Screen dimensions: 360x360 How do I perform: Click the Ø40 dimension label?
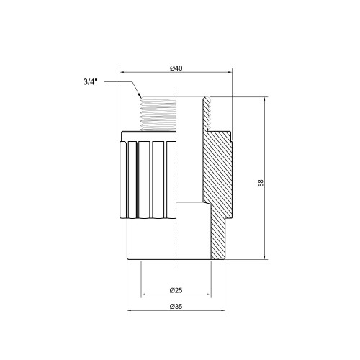[x=176, y=68]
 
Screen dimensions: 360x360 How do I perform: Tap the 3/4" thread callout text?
[x=91, y=82]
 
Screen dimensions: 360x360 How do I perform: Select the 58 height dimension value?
[x=261, y=183]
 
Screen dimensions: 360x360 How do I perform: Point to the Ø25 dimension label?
[x=176, y=290]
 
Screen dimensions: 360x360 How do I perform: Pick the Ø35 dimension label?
[x=176, y=307]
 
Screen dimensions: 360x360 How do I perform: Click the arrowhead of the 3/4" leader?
[x=140, y=95]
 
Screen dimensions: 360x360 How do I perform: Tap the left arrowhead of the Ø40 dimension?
[x=122, y=72]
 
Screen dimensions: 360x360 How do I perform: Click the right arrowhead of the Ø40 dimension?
[x=230, y=72]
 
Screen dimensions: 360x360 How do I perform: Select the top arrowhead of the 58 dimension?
[x=264, y=99]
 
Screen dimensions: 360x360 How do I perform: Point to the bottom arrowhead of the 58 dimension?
[x=264, y=257]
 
